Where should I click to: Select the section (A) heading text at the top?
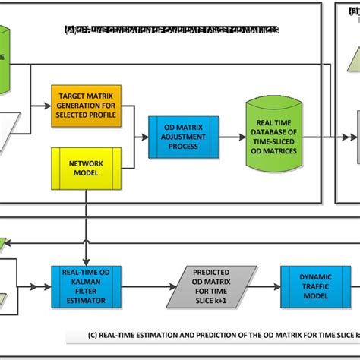[x=171, y=29]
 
